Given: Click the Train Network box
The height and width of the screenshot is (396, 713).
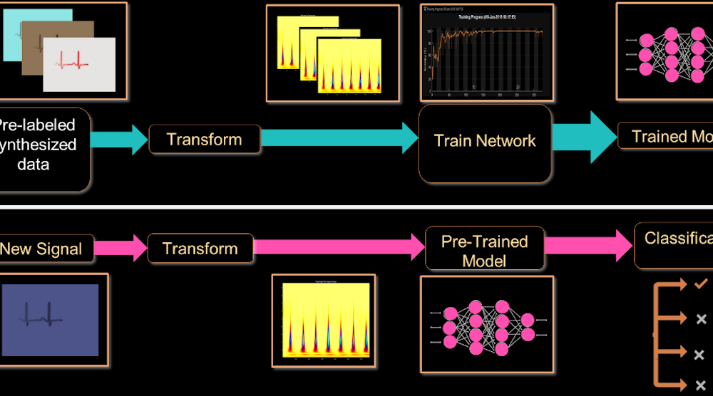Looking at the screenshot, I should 485,142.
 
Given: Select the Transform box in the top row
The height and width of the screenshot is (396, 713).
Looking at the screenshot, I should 204,139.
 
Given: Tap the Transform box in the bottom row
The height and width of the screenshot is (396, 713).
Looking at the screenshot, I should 200,249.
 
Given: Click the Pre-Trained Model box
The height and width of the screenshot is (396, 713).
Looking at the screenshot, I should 485,251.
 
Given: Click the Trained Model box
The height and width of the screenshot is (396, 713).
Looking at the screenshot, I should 667,137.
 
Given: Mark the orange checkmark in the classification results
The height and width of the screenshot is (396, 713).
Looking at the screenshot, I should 699,284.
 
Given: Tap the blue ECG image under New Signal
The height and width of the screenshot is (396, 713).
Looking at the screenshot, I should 50,319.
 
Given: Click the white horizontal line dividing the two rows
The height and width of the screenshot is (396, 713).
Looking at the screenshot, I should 356,207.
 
